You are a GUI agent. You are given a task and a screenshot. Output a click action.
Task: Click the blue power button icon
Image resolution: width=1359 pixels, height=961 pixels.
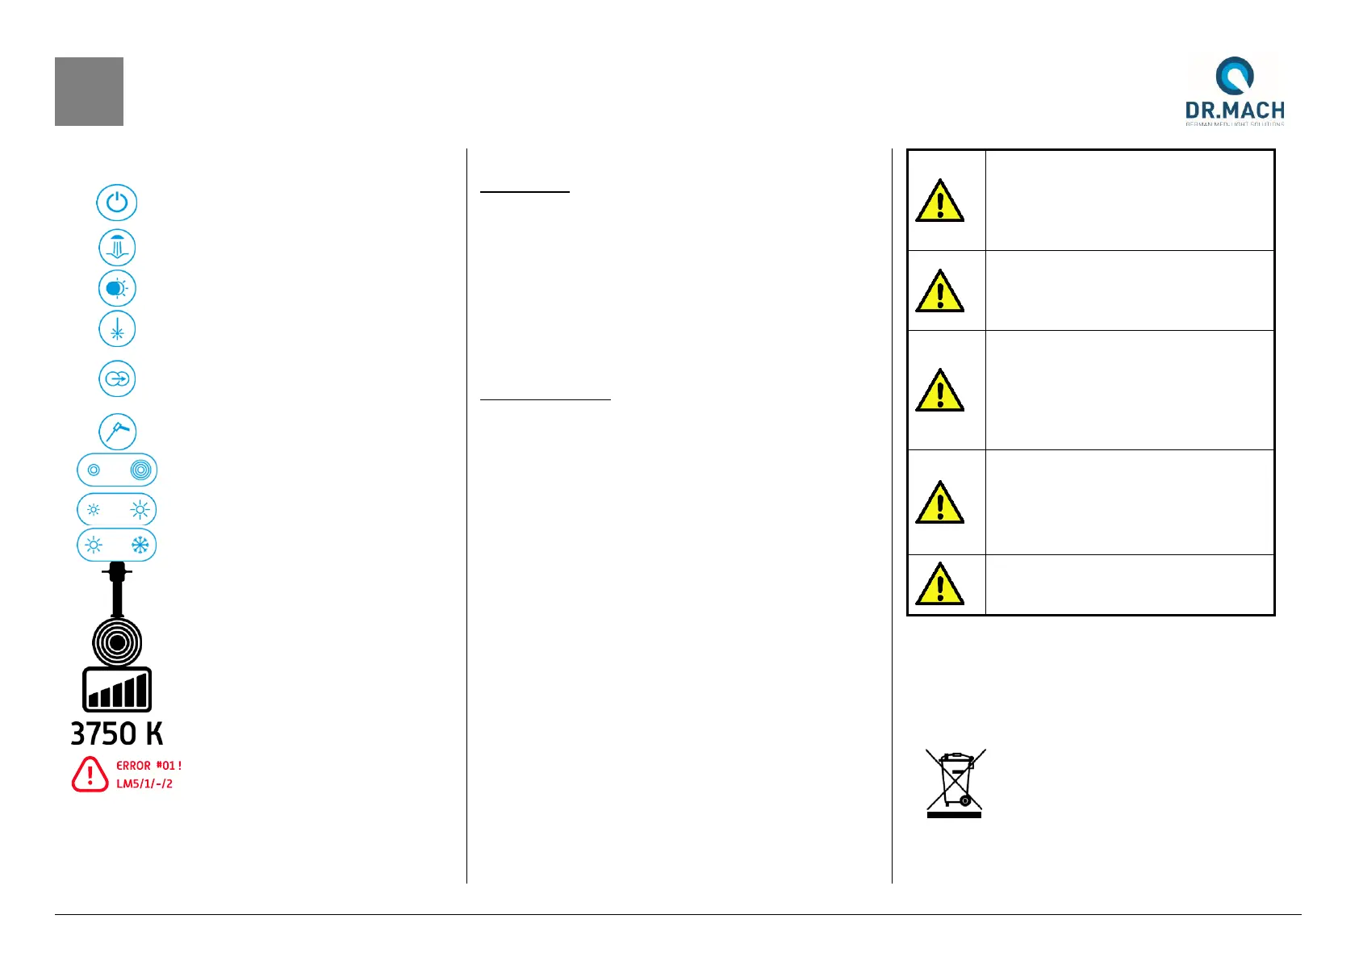117,202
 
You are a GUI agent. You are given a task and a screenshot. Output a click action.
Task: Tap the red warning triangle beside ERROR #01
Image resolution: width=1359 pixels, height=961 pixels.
90,774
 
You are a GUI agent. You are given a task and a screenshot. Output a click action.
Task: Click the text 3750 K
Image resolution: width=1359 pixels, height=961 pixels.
117,733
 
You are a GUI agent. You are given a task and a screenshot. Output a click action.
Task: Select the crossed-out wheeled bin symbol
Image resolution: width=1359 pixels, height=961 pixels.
955,783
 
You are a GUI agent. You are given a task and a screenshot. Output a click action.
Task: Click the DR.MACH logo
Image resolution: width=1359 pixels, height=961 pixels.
1234,90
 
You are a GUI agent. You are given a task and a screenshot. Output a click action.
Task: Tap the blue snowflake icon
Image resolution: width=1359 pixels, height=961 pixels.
140,545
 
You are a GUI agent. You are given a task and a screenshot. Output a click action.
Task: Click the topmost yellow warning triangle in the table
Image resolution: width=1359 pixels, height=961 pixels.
939,201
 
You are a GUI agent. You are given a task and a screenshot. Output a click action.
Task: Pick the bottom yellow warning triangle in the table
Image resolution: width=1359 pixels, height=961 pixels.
939,584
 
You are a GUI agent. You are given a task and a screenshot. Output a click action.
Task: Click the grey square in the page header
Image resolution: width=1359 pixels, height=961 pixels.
89,91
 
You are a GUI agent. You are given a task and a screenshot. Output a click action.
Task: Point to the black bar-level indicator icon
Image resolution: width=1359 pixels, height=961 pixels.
117,690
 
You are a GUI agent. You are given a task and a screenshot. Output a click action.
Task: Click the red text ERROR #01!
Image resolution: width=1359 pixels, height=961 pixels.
149,766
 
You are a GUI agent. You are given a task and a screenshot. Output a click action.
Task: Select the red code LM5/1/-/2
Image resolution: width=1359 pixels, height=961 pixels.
144,783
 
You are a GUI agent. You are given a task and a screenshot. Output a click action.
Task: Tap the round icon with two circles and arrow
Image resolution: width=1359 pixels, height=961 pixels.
117,378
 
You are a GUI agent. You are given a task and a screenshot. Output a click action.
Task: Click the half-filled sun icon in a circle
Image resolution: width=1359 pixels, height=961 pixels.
117,288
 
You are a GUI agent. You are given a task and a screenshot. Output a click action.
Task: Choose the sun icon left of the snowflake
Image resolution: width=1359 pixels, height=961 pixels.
94,545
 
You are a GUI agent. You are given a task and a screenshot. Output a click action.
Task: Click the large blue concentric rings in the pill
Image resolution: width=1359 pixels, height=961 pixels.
140,470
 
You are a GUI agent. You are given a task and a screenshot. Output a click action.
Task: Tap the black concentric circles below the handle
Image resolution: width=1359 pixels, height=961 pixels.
117,642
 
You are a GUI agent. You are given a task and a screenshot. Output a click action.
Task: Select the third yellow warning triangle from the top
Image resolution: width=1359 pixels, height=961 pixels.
939,391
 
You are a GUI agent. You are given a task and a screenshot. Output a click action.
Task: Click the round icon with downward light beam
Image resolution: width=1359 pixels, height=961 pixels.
117,248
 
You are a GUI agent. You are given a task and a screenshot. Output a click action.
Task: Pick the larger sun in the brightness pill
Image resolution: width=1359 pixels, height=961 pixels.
140,510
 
